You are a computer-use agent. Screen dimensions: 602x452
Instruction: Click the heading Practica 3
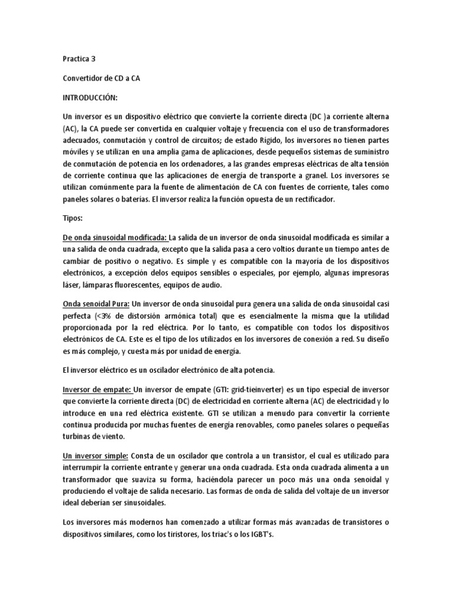(80, 59)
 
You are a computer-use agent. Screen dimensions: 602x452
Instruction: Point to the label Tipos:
(73, 218)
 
